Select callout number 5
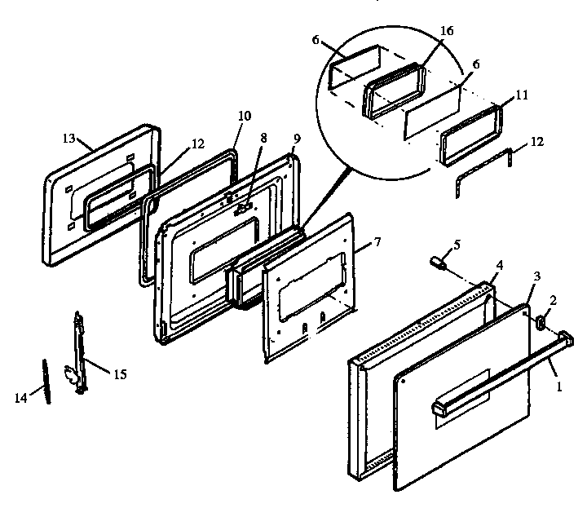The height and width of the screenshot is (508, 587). [x=457, y=243]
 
